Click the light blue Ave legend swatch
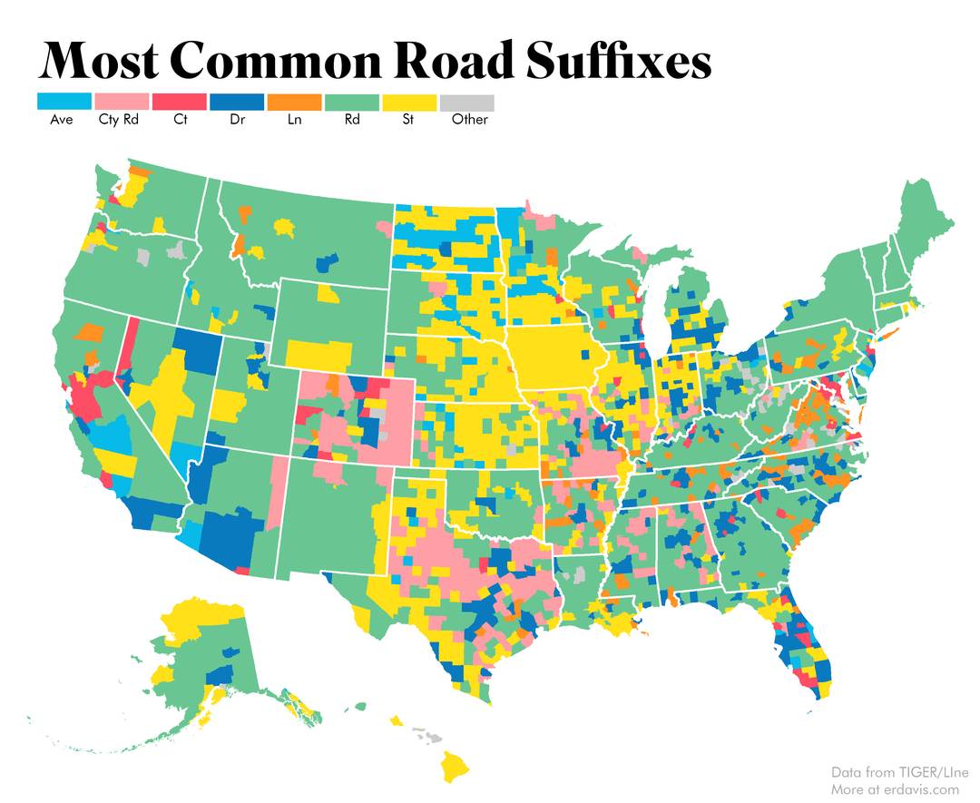pyautogui.click(x=64, y=102)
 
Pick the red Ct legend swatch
pyautogui.click(x=179, y=102)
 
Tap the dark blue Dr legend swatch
pyautogui.click(x=236, y=102)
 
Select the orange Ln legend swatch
pyautogui.click(x=294, y=102)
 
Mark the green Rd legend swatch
pyautogui.click(x=352, y=102)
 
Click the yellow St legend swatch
pyautogui.click(x=409, y=102)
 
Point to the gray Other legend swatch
pyautogui.click(x=467, y=102)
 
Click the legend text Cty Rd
pyautogui.click(x=118, y=120)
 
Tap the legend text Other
pyautogui.click(x=469, y=120)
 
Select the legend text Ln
pyautogui.click(x=294, y=120)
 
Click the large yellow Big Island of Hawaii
pyautogui.click(x=456, y=768)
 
